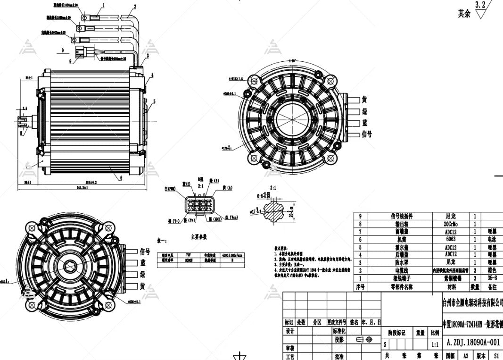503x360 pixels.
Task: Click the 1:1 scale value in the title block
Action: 435,345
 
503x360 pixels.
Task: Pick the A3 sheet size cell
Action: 465,356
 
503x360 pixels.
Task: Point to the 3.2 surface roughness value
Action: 480,5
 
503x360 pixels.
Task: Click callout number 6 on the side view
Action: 122,178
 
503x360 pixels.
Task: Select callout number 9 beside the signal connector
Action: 71,61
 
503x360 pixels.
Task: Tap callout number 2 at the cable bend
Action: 135,7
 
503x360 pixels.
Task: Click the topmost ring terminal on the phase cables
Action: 87,18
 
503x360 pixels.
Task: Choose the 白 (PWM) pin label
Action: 170,189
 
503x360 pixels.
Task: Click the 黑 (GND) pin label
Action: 216,220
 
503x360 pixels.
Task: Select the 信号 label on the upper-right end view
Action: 366,134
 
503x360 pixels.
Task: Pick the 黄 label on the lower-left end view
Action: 142,286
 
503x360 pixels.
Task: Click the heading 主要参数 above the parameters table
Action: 198,237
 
